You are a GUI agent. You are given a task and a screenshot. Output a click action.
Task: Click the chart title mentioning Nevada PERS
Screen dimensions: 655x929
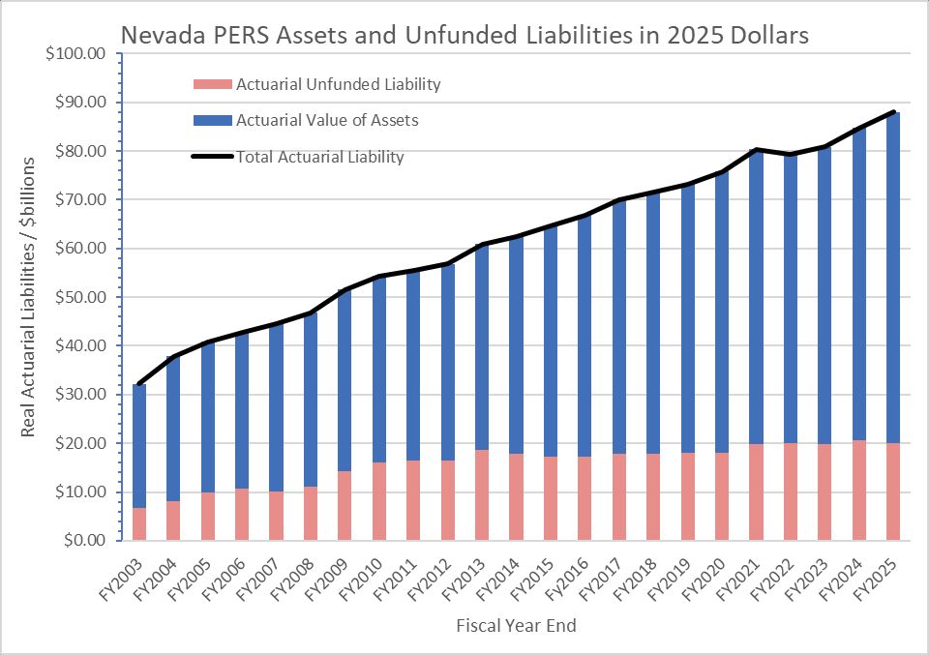pyautogui.click(x=464, y=35)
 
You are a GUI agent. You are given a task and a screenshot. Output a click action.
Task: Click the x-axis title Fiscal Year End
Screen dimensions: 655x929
pyautogui.click(x=516, y=626)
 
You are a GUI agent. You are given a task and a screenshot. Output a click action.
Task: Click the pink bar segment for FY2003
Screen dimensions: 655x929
pyautogui.click(x=139, y=523)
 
